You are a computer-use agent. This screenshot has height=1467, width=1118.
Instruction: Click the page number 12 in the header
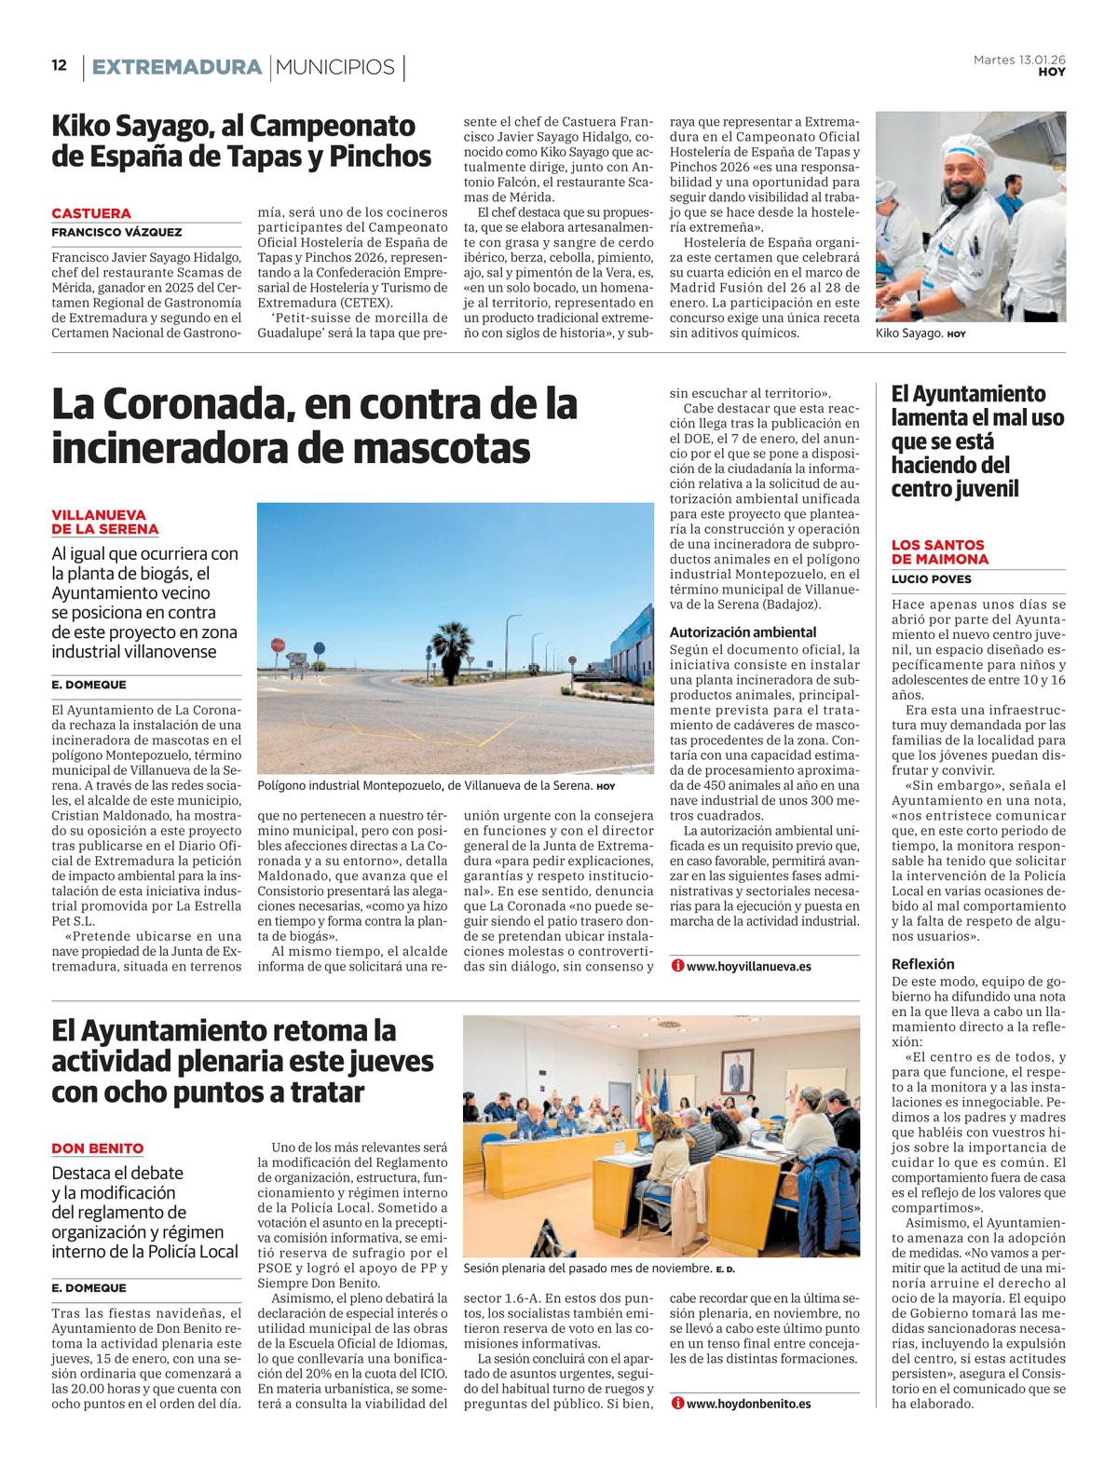point(59,65)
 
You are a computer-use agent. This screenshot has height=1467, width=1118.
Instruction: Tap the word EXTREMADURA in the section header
point(177,67)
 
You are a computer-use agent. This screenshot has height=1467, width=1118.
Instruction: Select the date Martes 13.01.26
point(1019,60)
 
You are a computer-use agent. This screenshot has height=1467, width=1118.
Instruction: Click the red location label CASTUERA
point(91,213)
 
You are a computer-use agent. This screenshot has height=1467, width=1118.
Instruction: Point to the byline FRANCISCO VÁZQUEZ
point(116,232)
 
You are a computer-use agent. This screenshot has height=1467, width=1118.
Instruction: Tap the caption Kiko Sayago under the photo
point(910,333)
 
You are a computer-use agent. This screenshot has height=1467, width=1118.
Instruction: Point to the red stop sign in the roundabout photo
point(277,645)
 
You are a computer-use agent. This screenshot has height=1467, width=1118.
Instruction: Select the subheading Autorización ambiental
point(743,632)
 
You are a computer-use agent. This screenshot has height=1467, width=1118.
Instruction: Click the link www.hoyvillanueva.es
point(748,966)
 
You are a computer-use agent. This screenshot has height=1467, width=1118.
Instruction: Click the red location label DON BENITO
point(98,1148)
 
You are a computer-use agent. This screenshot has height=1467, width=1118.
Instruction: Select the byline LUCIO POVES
point(931,579)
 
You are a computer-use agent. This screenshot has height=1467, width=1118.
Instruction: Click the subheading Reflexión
point(922,964)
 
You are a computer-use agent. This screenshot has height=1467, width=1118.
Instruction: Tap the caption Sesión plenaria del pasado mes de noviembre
point(587,1269)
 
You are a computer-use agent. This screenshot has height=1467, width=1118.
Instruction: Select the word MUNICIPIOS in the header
point(335,67)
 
